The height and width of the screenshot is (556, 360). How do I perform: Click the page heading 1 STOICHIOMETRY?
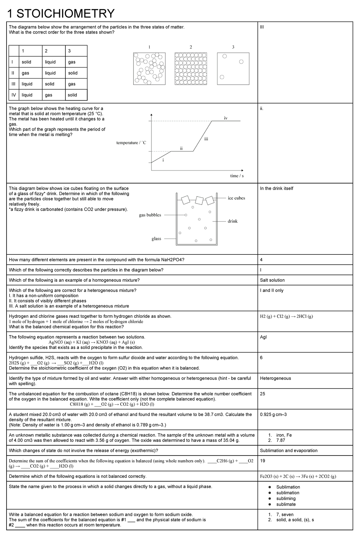(x=61, y=13)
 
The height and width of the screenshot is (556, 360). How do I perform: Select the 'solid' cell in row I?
(x=26, y=62)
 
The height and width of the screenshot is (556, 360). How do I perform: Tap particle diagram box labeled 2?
(x=191, y=69)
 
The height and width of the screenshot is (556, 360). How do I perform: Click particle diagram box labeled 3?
(x=233, y=69)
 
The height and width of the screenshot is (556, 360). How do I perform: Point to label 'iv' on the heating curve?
(x=226, y=118)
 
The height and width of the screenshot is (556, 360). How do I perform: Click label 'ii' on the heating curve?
(x=181, y=148)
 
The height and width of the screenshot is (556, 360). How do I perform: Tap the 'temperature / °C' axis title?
(x=131, y=143)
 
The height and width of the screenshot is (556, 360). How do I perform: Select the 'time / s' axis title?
(x=237, y=176)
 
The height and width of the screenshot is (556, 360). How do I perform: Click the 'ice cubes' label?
(x=236, y=198)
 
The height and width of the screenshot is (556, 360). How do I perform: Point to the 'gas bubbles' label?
(x=150, y=215)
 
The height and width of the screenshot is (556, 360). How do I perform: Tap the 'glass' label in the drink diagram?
(x=156, y=239)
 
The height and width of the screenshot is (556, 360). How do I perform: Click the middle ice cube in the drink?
(x=199, y=200)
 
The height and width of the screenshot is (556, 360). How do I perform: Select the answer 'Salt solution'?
(x=272, y=280)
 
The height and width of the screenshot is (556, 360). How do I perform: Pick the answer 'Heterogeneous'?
(x=275, y=379)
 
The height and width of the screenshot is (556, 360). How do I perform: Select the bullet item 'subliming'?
(x=286, y=498)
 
